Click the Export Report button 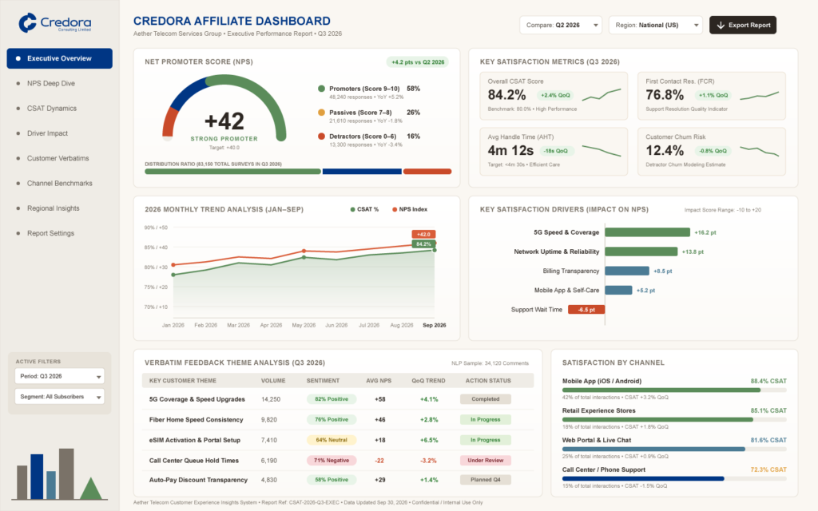(742, 25)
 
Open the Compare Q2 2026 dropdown (560, 25)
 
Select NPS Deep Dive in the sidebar (50, 83)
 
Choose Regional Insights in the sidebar (54, 208)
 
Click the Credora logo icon (28, 23)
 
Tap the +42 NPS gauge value (224, 121)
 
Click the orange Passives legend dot (321, 112)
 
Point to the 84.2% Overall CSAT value (506, 95)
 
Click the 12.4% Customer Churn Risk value (665, 151)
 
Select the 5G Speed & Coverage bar (647, 232)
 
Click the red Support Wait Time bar (586, 309)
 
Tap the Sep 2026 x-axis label (434, 325)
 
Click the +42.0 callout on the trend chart (423, 234)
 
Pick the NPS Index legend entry (410, 209)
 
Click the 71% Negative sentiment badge (332, 461)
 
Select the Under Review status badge (485, 461)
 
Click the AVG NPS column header (379, 381)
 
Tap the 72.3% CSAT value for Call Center (768, 469)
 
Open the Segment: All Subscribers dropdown (59, 397)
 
